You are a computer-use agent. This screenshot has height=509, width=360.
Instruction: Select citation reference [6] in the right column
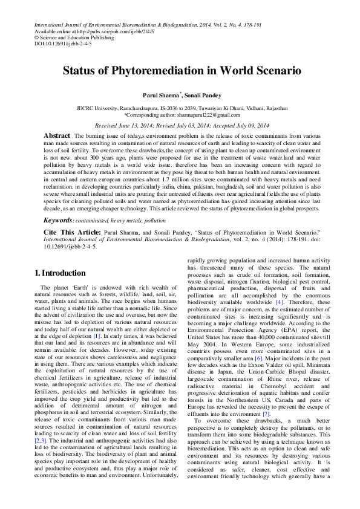pyautogui.click(x=258, y=358)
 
